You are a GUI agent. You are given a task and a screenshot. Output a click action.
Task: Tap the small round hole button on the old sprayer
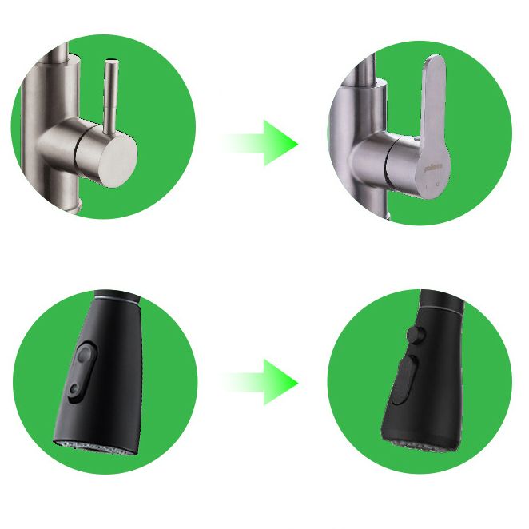pyautogui.click(x=74, y=389)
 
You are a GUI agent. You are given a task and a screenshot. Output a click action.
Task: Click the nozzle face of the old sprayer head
pyautogui.click(x=89, y=447)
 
